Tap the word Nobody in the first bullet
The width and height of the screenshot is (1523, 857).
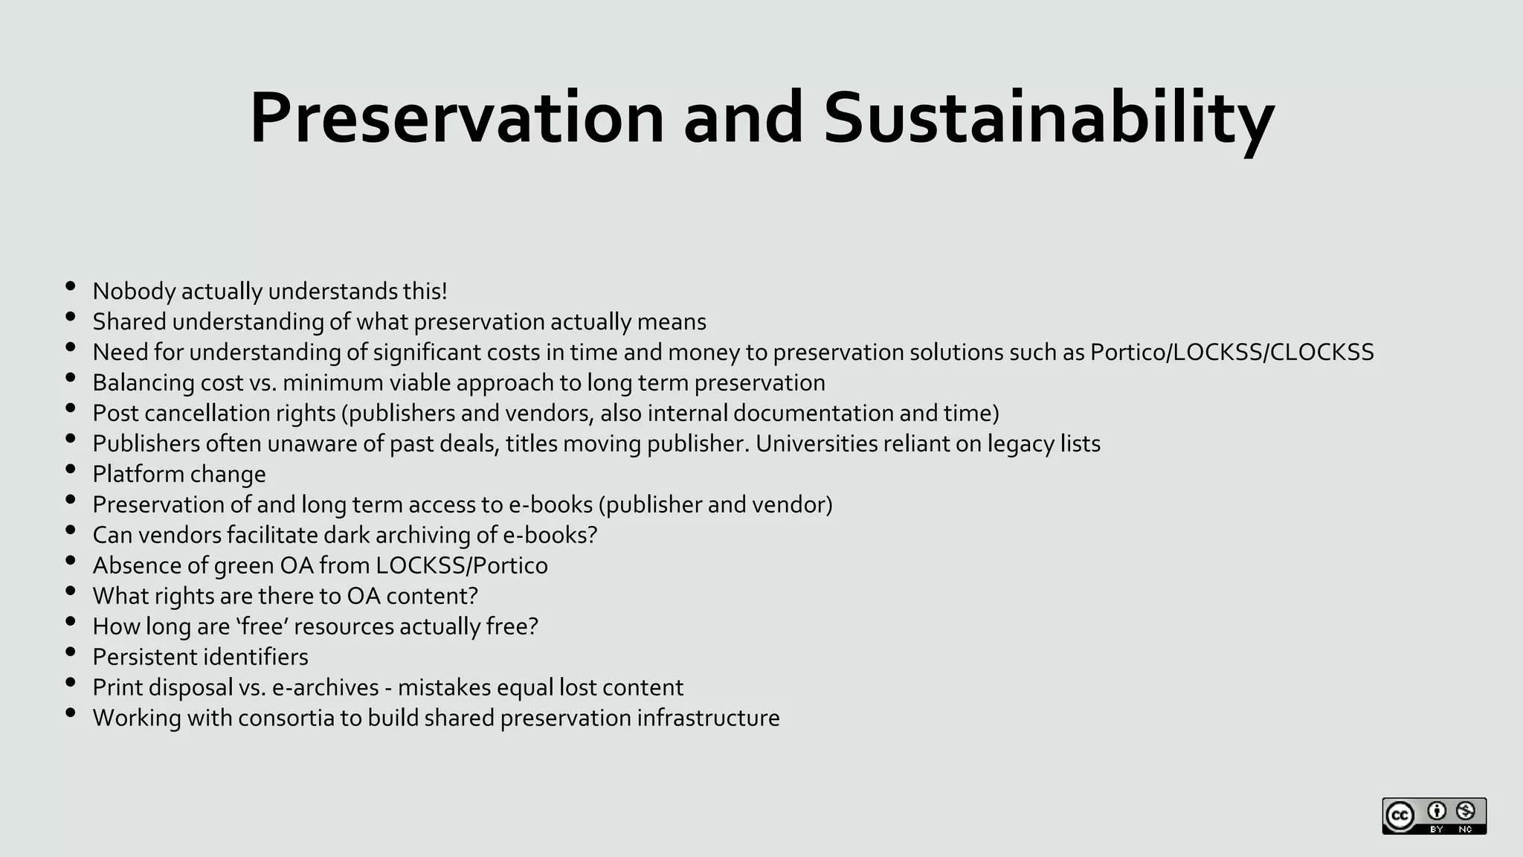(x=134, y=291)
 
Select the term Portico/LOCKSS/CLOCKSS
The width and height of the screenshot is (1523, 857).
(x=1231, y=352)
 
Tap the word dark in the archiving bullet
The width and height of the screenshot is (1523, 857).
(x=347, y=535)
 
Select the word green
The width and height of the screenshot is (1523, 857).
(x=244, y=565)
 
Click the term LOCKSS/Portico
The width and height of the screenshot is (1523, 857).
(x=461, y=565)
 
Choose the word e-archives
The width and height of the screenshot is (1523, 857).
(x=326, y=687)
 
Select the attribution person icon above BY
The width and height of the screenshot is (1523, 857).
(x=1437, y=811)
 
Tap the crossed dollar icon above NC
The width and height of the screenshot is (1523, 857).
(x=1466, y=811)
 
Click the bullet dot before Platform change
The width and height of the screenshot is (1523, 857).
(x=71, y=469)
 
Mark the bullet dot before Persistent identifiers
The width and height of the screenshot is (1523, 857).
(x=71, y=652)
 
